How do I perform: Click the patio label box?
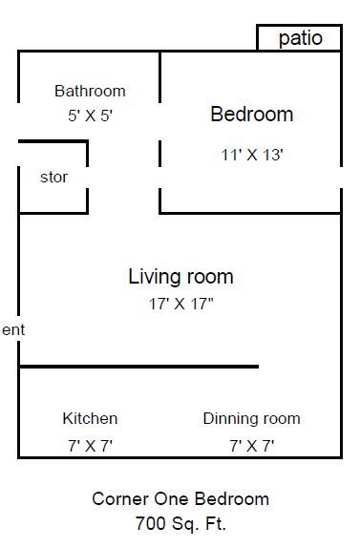300,38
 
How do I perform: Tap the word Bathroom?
90,92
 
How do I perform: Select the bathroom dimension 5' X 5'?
90,114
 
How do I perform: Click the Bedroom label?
251,115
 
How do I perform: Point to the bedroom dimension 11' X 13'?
252,154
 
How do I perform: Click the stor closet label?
53,178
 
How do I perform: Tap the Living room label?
180,277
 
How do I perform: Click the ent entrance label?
12,329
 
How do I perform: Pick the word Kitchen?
90,418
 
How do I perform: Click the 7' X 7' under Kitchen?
90,444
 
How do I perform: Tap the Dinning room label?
251,418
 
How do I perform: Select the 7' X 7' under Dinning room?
251,444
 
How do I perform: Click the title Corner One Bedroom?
180,498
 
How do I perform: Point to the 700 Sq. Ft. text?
180,523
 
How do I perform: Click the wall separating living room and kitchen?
138,366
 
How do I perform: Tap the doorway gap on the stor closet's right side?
88,178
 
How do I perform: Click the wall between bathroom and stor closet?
53,142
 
